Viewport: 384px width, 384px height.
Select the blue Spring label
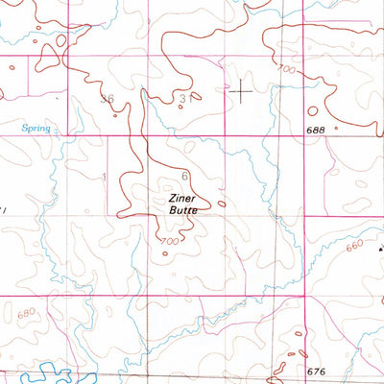coord(36,127)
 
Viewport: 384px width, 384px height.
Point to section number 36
coord(108,99)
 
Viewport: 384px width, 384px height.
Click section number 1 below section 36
coord(103,176)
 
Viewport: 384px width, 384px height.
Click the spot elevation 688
coord(317,131)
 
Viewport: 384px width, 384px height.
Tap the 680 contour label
coord(26,312)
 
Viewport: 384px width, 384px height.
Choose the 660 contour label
coord(354,245)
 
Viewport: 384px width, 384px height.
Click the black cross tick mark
coord(240,93)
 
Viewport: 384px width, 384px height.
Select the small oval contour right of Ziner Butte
coord(222,203)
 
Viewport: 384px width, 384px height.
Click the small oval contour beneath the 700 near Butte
coord(164,253)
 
